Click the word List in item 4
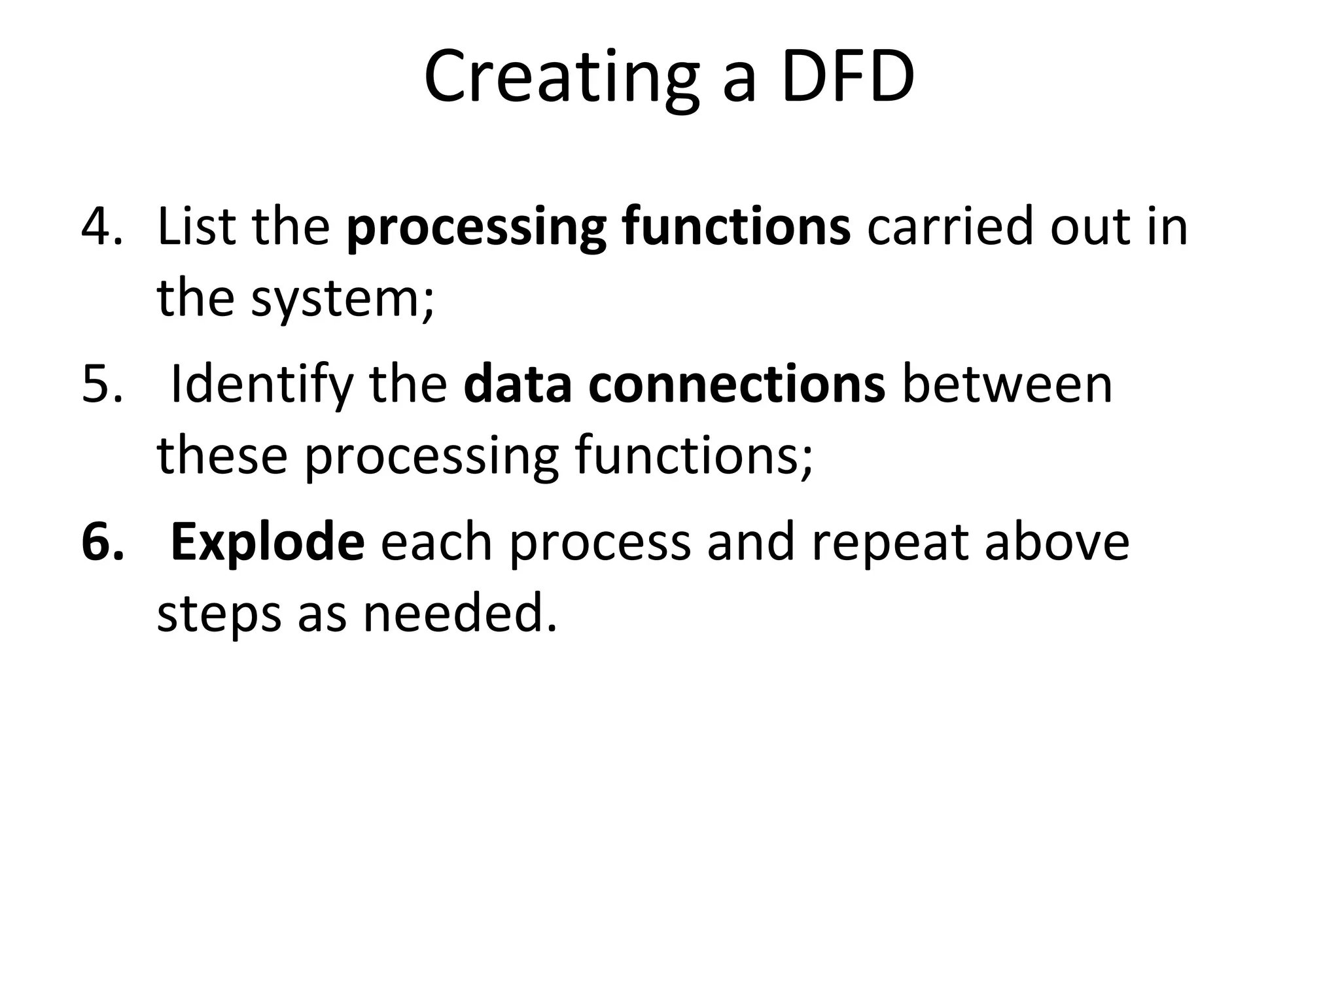coord(196,226)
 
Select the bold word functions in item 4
coord(735,226)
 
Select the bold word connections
coord(737,384)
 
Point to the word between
coord(1007,384)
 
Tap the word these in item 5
coord(222,455)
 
